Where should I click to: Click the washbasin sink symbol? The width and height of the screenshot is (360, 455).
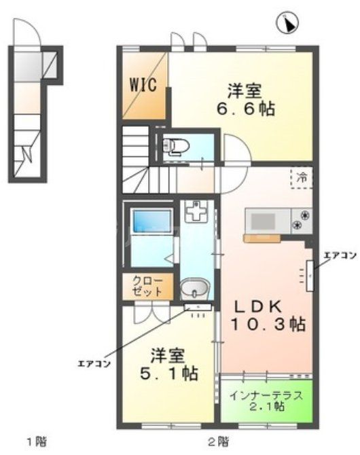pyautogui.click(x=196, y=291)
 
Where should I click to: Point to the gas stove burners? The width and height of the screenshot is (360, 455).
pyautogui.click(x=300, y=221)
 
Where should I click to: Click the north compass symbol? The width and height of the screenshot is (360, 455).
pyautogui.click(x=288, y=24)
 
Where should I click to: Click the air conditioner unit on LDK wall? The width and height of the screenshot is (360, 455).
pyautogui.click(x=310, y=275)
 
